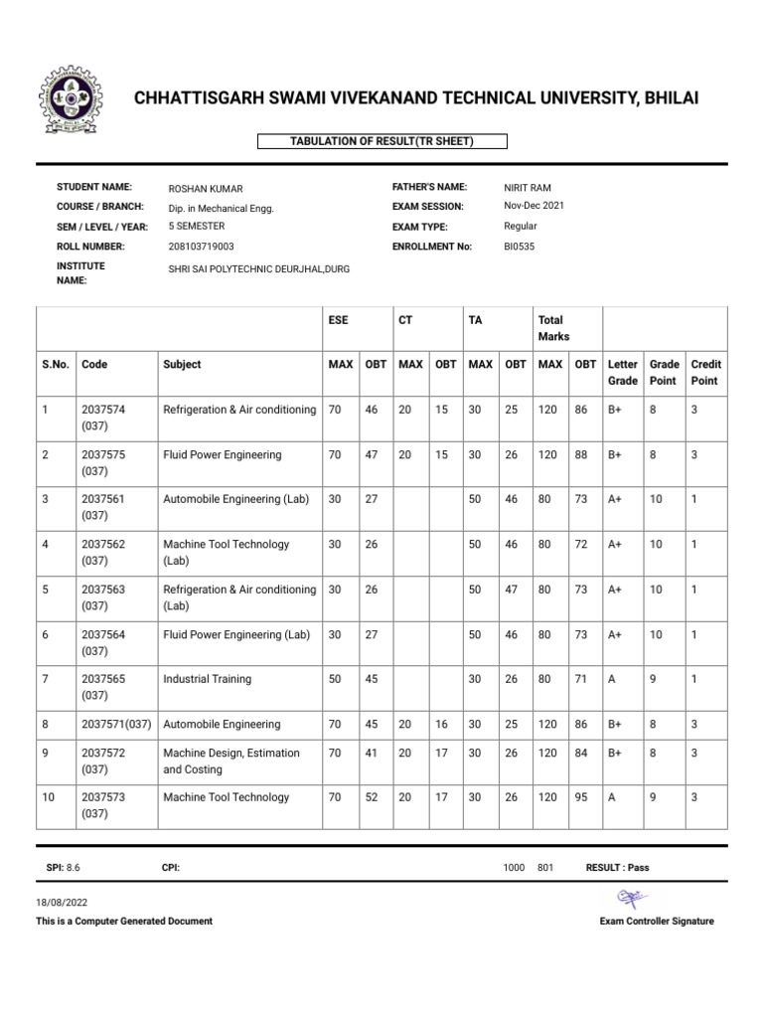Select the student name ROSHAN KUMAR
pyautogui.click(x=206, y=189)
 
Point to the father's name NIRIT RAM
pyautogui.click(x=528, y=187)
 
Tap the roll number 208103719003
pyautogui.click(x=203, y=247)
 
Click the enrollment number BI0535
pyautogui.click(x=520, y=247)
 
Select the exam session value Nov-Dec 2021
pyautogui.click(x=534, y=206)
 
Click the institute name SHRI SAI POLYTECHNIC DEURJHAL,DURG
pyautogui.click(x=259, y=270)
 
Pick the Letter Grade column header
pyautogui.click(x=622, y=373)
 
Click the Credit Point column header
pyautogui.click(x=704, y=373)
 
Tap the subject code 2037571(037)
pyautogui.click(x=116, y=725)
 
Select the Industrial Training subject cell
pyautogui.click(x=207, y=680)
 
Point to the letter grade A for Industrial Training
pyautogui.click(x=612, y=680)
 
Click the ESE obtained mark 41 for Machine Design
pyautogui.click(x=372, y=754)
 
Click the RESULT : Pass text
pyautogui.click(x=617, y=868)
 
